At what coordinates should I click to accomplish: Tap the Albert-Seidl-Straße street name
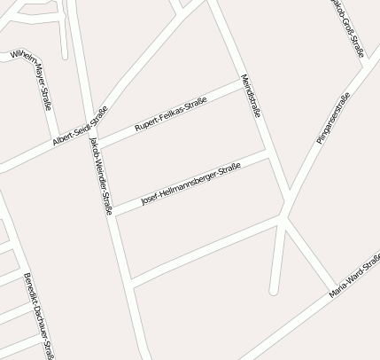[x=80, y=127]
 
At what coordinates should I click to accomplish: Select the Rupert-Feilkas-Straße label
[x=171, y=114]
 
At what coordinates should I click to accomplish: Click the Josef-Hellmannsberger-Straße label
[x=190, y=187]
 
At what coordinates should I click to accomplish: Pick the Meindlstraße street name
[x=251, y=96]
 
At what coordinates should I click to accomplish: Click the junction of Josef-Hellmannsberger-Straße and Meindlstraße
[x=268, y=154]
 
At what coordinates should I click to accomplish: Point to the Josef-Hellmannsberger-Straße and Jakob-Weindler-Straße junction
[x=111, y=216]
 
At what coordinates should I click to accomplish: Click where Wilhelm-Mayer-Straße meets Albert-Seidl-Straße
[x=55, y=137]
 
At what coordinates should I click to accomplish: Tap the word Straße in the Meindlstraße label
[x=256, y=108]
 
